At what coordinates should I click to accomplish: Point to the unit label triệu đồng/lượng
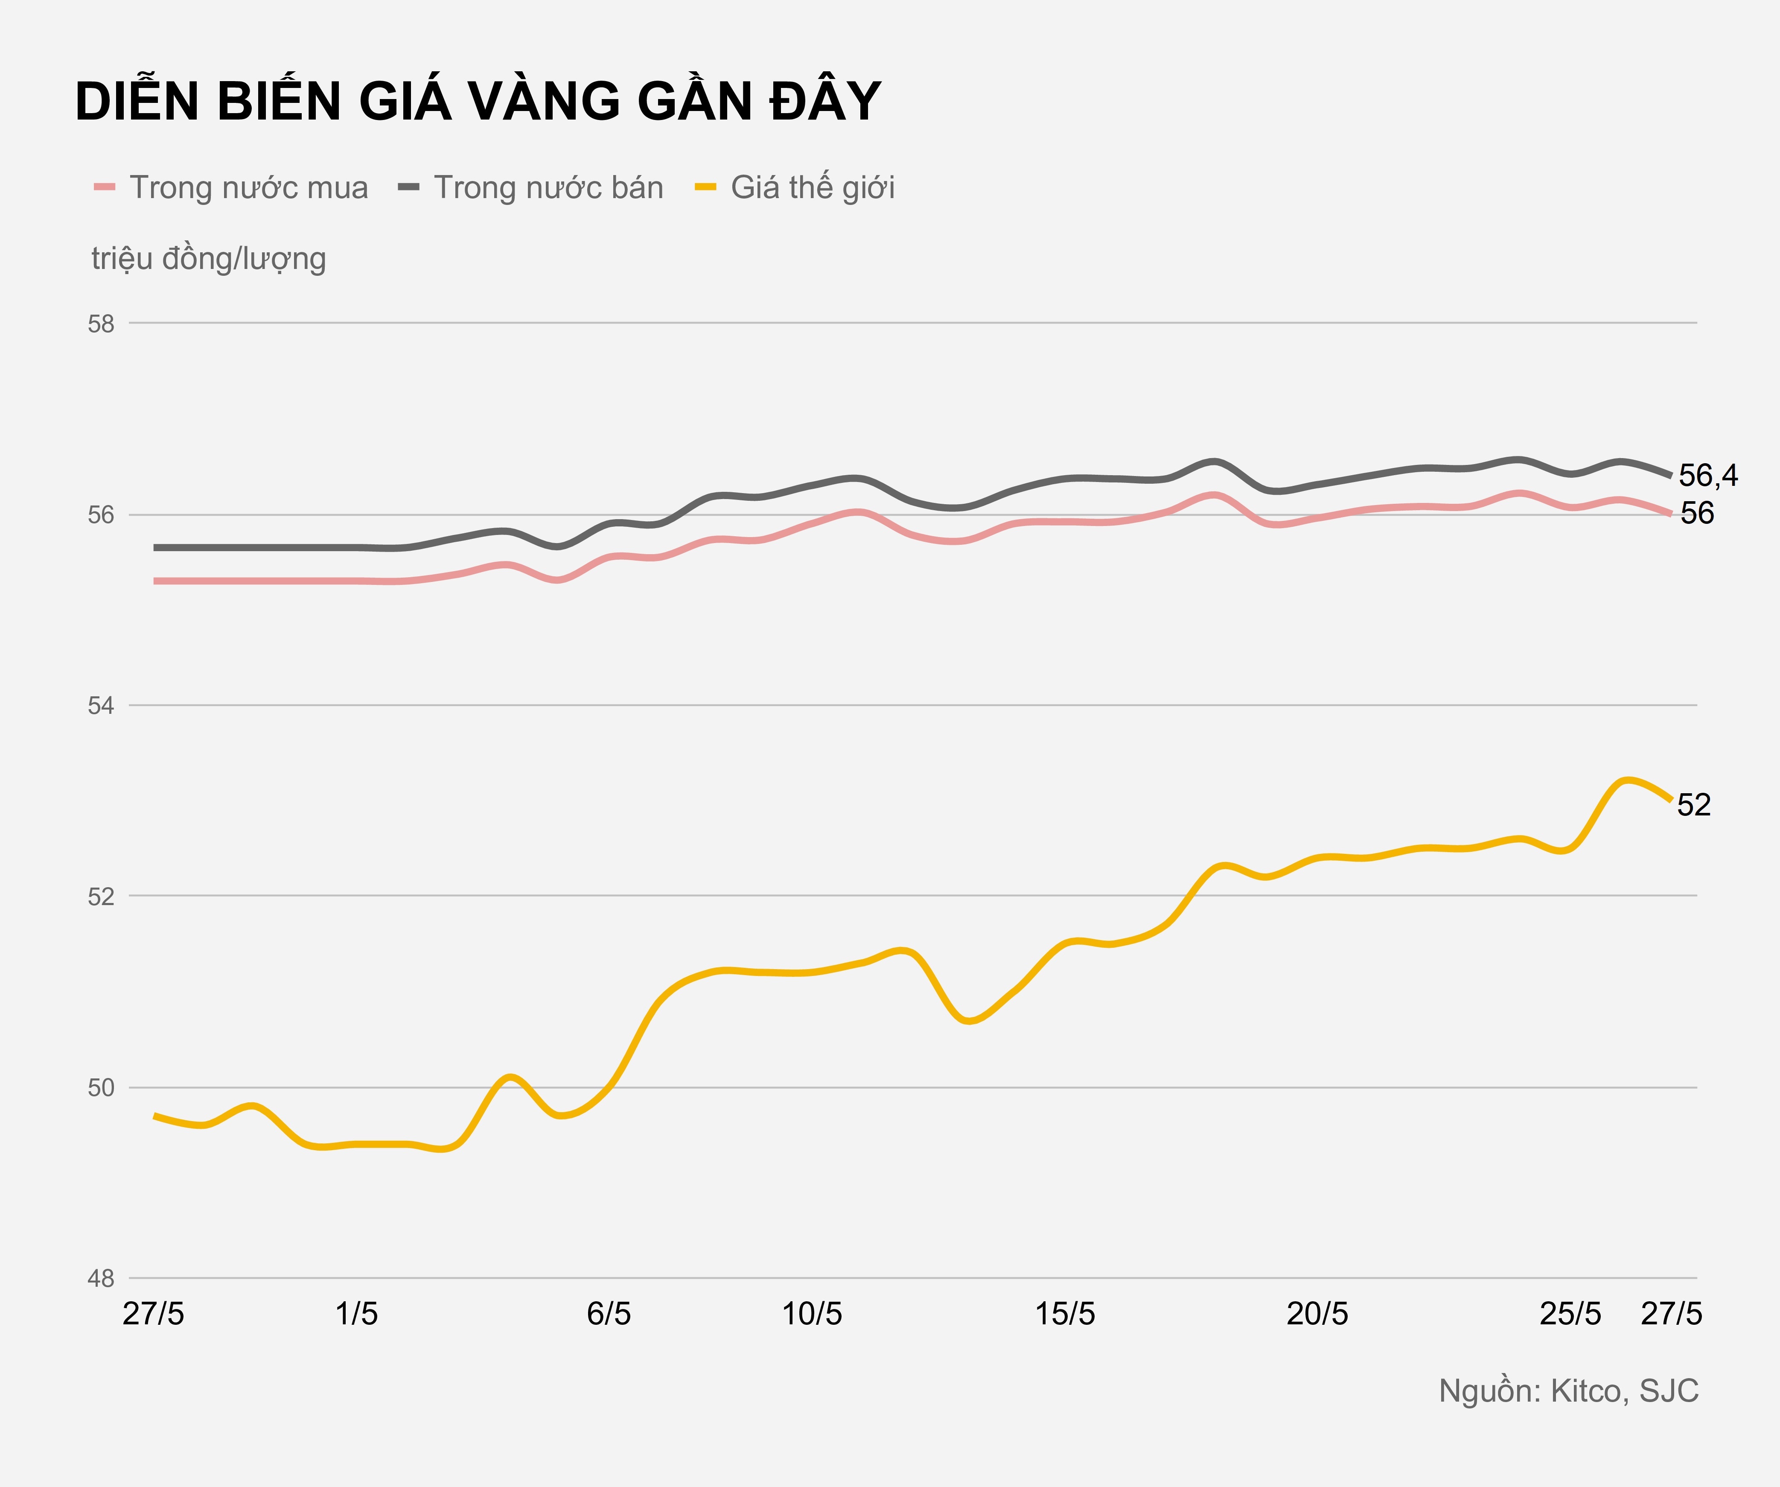pos(209,259)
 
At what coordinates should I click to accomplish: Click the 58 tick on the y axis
pos(101,324)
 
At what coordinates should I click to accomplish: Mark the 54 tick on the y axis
pos(101,705)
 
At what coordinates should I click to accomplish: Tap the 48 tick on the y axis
pos(101,1279)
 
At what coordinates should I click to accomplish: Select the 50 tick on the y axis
pos(101,1088)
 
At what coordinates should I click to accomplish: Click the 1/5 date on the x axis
pos(356,1314)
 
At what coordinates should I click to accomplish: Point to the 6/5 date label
pos(609,1314)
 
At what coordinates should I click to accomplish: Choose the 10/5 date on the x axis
pos(811,1314)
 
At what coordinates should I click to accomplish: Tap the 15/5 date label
pos(1065,1314)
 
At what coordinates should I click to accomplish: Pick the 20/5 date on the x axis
pos(1317,1314)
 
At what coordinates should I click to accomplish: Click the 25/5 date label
pos(1570,1314)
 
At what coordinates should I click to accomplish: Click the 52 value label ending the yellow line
pos(1693,804)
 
